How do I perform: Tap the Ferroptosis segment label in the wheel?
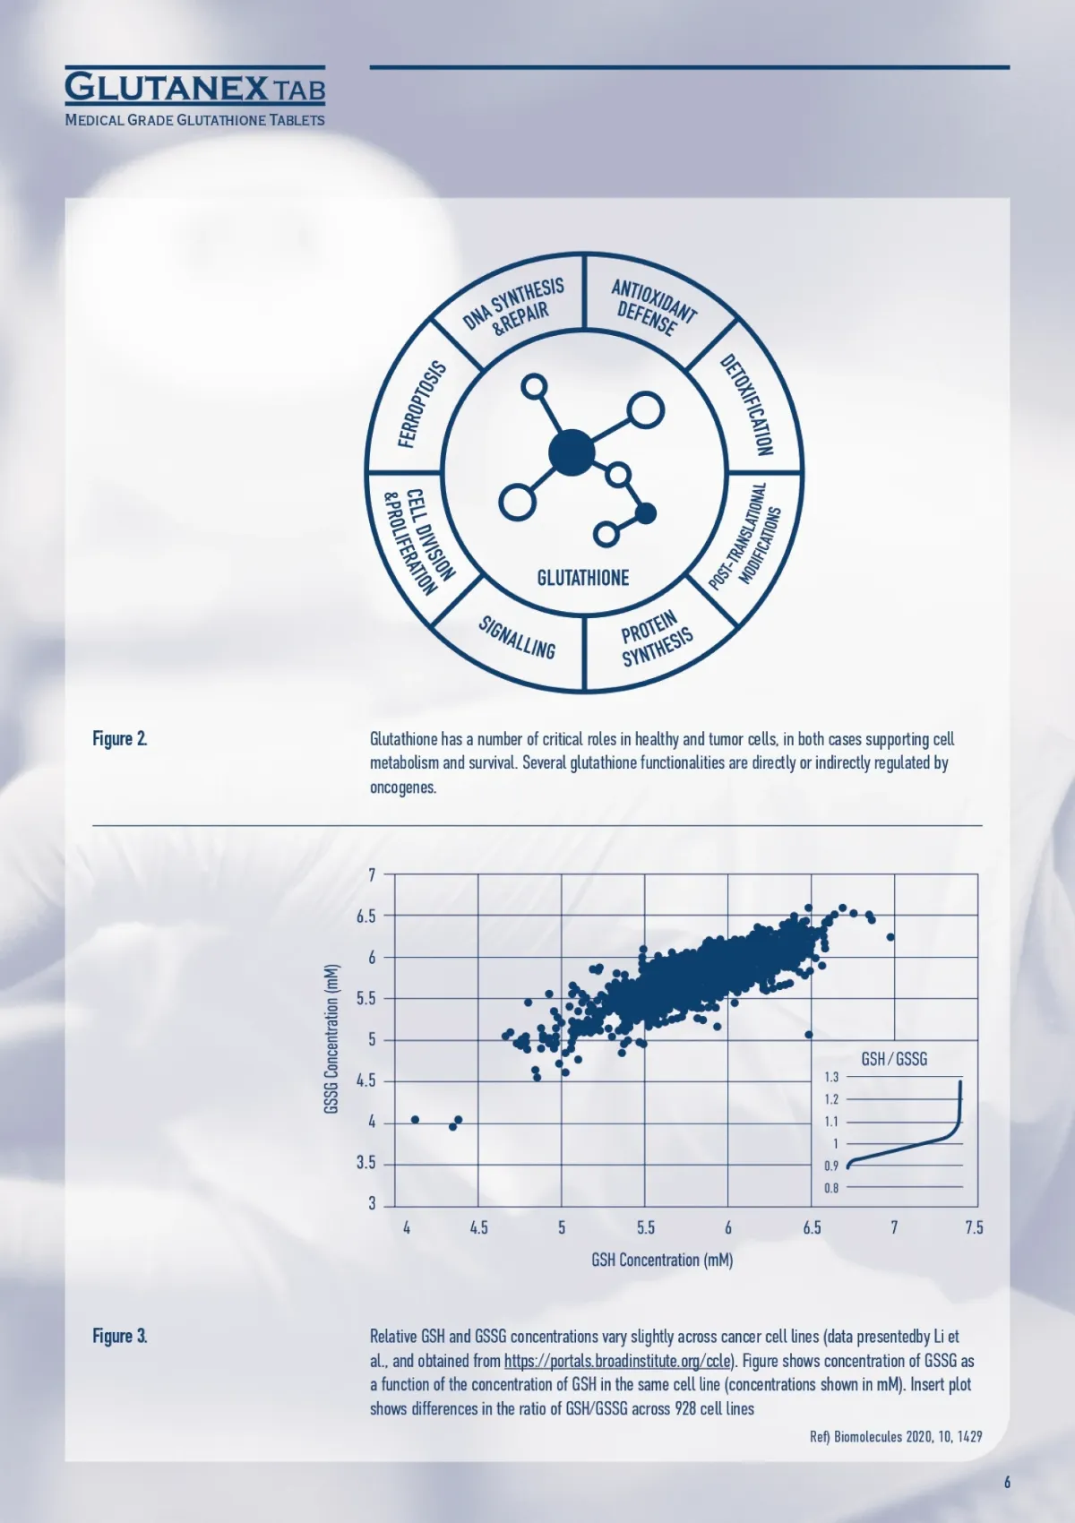point(422,405)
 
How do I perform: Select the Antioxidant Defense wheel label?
point(653,307)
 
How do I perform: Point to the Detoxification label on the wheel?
point(747,405)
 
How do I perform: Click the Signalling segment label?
point(517,637)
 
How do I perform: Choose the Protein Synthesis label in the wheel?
point(657,639)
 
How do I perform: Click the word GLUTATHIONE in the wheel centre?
point(583,578)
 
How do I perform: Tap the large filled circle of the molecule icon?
point(572,452)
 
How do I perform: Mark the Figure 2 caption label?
point(120,738)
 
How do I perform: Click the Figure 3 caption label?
point(120,1336)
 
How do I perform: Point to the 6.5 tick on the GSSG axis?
point(365,916)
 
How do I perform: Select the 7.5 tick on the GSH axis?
point(974,1227)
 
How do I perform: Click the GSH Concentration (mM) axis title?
point(662,1260)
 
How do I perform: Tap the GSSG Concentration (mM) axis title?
point(331,1039)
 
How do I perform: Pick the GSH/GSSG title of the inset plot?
point(894,1059)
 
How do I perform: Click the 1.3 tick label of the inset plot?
point(831,1077)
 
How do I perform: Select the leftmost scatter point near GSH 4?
point(416,1120)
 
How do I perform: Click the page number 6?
point(1007,1482)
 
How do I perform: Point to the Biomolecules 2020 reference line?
point(896,1437)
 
